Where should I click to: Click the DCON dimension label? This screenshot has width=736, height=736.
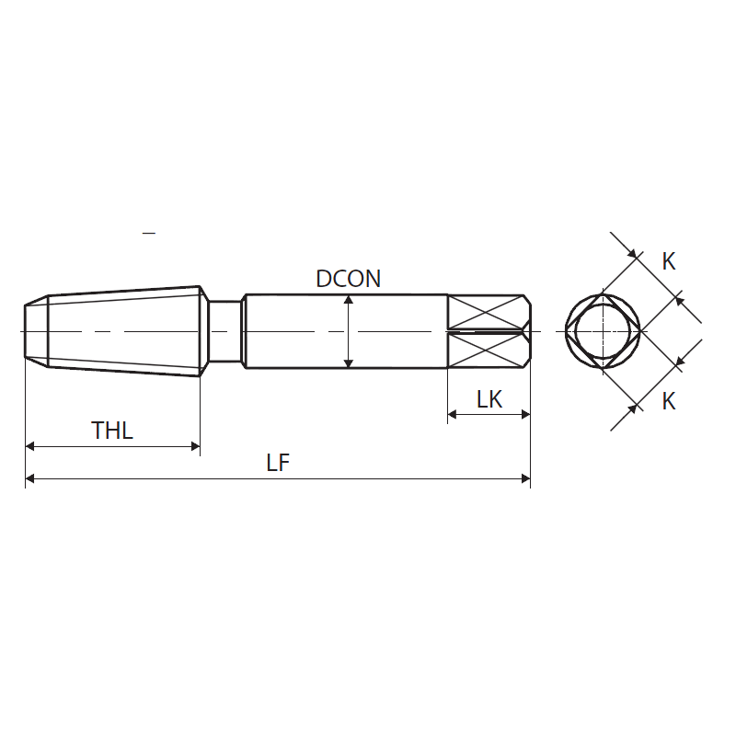[x=348, y=279]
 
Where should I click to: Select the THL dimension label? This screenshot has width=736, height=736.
[x=112, y=430]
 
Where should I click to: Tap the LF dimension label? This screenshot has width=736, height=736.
[x=278, y=463]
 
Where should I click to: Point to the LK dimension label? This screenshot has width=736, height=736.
[x=489, y=399]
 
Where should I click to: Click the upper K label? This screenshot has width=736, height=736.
[x=669, y=261]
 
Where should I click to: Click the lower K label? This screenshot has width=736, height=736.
[x=669, y=401]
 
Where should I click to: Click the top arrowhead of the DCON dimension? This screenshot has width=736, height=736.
[x=348, y=301]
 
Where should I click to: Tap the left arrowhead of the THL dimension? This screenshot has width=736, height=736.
[x=30, y=446]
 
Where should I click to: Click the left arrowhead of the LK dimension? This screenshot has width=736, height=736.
[x=453, y=414]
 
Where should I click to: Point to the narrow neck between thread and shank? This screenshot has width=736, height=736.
[x=222, y=331]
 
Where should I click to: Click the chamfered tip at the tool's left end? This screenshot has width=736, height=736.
[x=36, y=331]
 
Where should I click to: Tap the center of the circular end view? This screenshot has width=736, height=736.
[x=603, y=331]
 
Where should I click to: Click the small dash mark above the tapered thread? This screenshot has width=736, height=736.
[x=149, y=234]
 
